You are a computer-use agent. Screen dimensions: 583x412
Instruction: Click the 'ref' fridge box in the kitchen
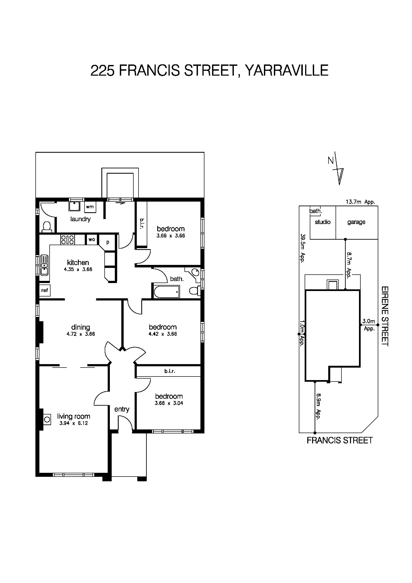[45, 290]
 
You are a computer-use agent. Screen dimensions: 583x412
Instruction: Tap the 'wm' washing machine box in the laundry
[90, 207]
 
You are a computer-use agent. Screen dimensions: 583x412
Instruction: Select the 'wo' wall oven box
[92, 239]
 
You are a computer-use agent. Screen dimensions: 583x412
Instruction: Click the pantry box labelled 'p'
[108, 242]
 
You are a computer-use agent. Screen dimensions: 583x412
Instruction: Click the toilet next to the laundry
[47, 227]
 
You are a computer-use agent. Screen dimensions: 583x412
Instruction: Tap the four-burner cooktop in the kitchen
[67, 240]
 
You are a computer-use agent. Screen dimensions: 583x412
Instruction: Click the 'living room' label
[74, 417]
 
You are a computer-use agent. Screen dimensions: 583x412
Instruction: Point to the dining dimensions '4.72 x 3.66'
[81, 334]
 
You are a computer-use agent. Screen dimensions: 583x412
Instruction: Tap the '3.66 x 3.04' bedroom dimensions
[169, 403]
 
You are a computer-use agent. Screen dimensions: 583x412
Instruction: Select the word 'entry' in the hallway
[122, 409]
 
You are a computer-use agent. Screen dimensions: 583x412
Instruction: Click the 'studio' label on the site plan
[323, 222]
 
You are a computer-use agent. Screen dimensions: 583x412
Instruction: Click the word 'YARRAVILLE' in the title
[287, 71]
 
